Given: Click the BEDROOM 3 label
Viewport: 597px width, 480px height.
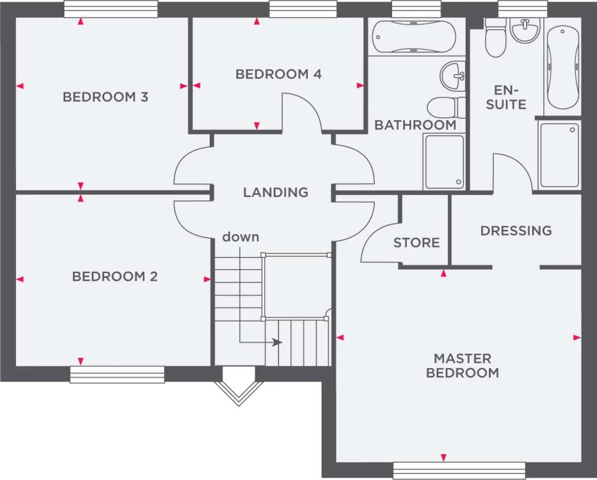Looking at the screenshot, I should click(105, 97).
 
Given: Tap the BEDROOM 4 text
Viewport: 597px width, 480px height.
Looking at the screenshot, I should click(279, 74).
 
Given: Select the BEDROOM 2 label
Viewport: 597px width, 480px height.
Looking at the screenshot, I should click(115, 276).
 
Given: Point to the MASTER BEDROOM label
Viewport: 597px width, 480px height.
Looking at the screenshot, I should click(462, 365).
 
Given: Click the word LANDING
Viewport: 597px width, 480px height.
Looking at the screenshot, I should click(275, 192).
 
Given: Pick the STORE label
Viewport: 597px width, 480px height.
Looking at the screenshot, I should click(417, 243).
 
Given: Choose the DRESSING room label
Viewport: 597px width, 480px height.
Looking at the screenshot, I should click(516, 231).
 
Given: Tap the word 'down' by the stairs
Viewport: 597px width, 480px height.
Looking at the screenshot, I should click(240, 237).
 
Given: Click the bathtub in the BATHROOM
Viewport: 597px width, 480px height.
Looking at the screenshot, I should click(413, 36).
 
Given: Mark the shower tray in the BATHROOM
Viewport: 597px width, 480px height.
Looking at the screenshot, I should click(444, 161).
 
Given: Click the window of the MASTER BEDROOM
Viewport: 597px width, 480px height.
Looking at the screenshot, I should click(459, 470).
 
